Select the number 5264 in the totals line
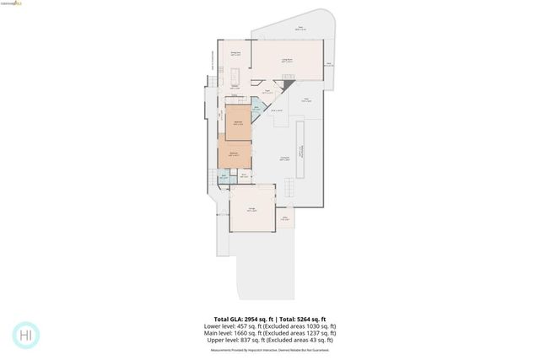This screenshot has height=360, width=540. (x=314, y=320)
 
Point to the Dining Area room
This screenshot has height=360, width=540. (x=237, y=56)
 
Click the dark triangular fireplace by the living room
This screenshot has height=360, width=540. (x=289, y=85)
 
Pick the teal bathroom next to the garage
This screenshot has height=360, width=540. (x=224, y=178)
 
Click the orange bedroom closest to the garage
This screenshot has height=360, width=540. (x=235, y=155)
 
